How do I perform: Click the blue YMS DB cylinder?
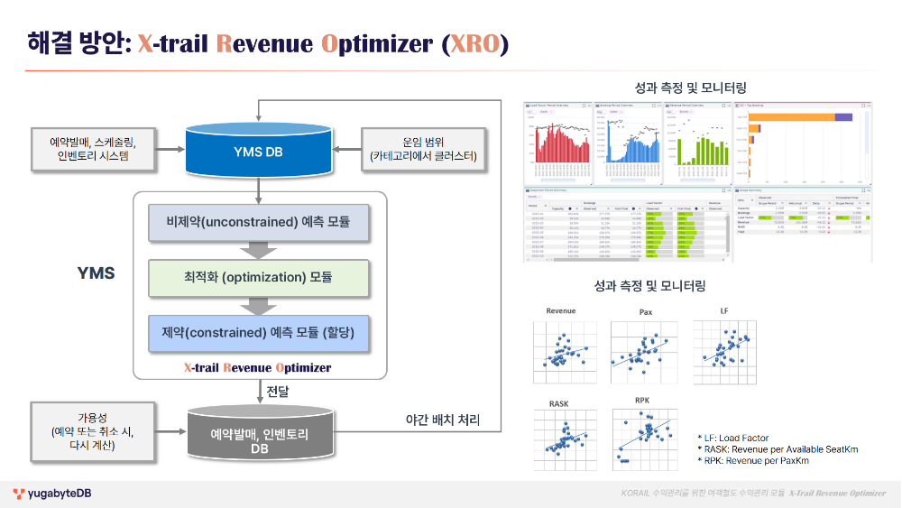[x=259, y=150]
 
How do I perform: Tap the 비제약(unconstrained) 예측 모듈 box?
[x=258, y=222]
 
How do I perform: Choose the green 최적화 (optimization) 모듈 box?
[x=258, y=277]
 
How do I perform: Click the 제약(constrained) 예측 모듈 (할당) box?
[x=258, y=333]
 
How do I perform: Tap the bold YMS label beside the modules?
[x=96, y=272]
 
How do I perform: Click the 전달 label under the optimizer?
[x=276, y=392]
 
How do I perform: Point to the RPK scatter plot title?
[x=642, y=400]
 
